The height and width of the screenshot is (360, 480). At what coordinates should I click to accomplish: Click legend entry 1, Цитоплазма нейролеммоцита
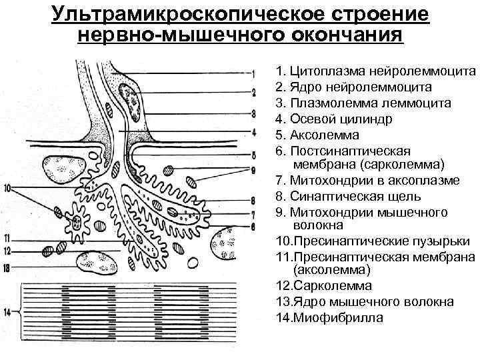[375, 71]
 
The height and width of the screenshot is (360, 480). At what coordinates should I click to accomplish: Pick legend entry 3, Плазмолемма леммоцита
[363, 103]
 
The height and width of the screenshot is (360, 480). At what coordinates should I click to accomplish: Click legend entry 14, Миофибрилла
[329, 318]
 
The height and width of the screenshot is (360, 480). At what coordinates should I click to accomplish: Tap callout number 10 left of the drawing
[7, 189]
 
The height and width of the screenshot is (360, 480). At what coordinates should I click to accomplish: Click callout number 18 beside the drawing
[7, 269]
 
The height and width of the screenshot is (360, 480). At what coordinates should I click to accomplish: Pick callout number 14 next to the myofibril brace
[7, 311]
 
